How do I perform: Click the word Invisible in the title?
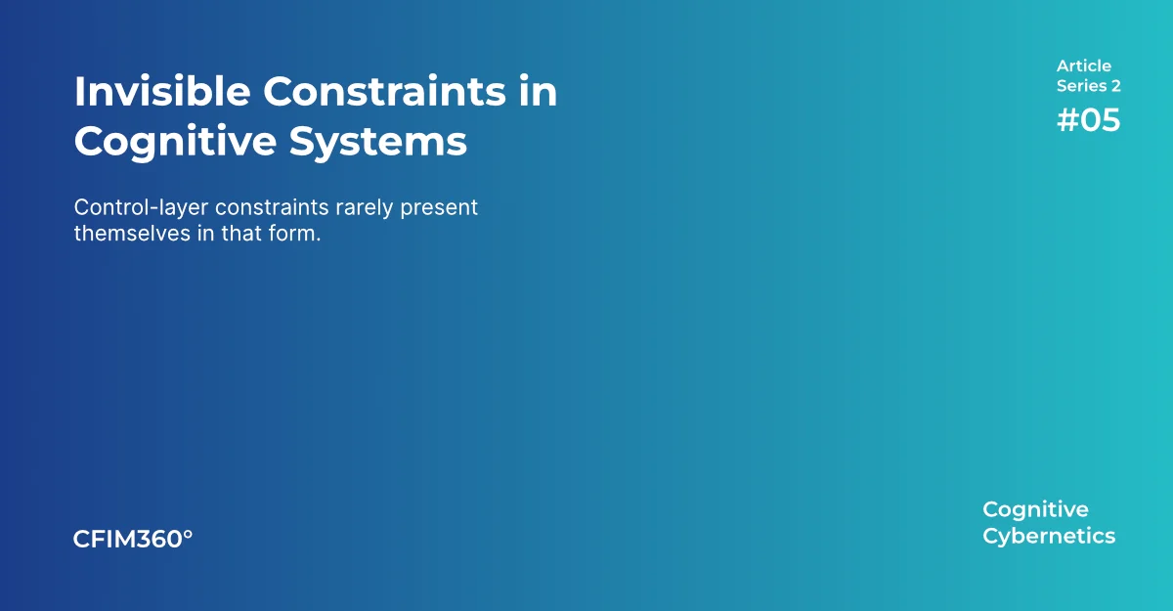click(x=162, y=92)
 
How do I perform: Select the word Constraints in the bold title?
click(x=384, y=92)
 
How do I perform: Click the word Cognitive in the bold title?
click(x=175, y=143)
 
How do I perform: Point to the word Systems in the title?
click(x=377, y=143)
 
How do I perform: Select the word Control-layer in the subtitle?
click(x=141, y=208)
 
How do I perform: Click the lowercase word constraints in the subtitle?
click(x=272, y=208)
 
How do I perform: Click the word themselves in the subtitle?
click(x=132, y=234)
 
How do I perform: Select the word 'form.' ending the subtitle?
click(x=294, y=234)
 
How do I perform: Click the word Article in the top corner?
click(x=1083, y=65)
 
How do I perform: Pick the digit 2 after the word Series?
click(x=1115, y=86)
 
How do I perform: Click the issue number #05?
click(x=1088, y=120)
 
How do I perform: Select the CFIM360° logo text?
click(x=133, y=539)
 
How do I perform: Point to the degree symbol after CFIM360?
click(x=188, y=534)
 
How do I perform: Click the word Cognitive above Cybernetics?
click(x=1035, y=510)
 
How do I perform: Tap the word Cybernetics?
click(x=1049, y=537)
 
